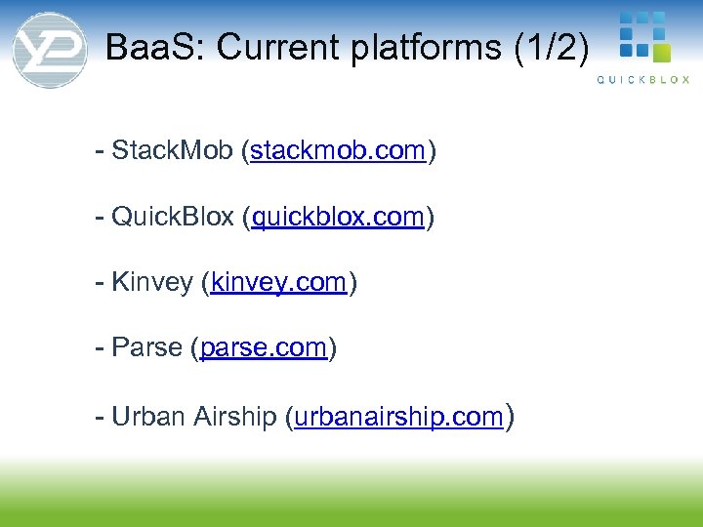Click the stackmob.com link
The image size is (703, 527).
(338, 150)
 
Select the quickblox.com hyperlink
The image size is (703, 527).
(338, 217)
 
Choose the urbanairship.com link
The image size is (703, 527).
(398, 417)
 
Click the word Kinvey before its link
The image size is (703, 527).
(152, 283)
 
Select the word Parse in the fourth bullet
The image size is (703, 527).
(147, 348)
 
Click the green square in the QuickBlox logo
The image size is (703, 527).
(661, 52)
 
